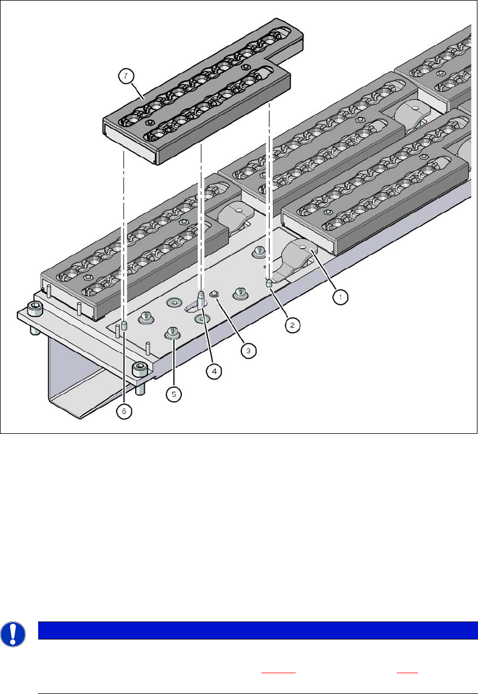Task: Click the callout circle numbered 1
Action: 341,297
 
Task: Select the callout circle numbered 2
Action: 292,325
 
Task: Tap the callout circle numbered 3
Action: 249,351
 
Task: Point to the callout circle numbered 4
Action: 214,371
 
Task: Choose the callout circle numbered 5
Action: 173,394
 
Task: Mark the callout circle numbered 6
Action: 124,411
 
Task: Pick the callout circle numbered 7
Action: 126,76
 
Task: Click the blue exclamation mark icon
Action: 13,634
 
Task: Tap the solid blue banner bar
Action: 258,630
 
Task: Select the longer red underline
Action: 278,673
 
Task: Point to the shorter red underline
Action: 407,673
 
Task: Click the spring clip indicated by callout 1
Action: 296,257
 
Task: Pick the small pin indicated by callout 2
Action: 269,283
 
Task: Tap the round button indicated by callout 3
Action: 214,294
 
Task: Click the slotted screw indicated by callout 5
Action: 173,333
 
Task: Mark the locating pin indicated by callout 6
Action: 125,326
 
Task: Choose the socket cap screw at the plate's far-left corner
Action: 35,309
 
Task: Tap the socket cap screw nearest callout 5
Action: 140,370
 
